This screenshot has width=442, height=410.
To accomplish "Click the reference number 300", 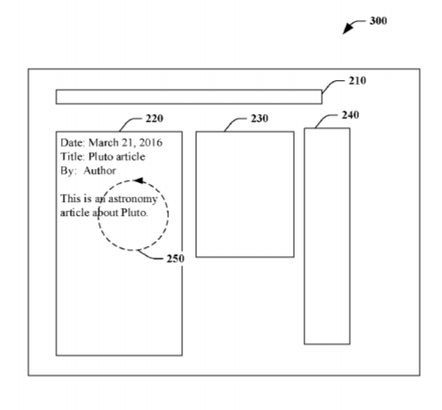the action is click(x=378, y=21).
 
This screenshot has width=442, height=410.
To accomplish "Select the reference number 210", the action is click(x=357, y=81).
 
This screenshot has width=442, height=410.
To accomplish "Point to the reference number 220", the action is click(x=154, y=118).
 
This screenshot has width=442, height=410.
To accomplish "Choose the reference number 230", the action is click(x=260, y=118).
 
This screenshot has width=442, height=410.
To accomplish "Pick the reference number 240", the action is click(x=350, y=115).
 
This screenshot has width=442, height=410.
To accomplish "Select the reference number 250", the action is click(x=175, y=259).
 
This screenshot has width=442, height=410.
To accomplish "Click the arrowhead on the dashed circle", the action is click(x=139, y=180).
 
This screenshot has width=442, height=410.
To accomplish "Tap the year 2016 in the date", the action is click(x=151, y=143).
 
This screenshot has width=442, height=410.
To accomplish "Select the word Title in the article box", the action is click(x=72, y=157).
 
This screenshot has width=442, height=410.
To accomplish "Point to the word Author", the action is click(x=99, y=171).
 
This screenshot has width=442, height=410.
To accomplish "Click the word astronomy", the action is click(x=133, y=199).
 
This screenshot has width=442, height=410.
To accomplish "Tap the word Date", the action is click(x=72, y=143).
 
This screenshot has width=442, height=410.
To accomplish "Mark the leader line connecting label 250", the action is click(x=150, y=256).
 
